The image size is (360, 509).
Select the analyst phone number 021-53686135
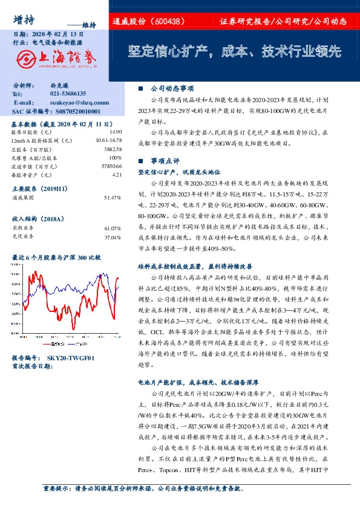(68, 94)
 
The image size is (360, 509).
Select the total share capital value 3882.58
(113, 149)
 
